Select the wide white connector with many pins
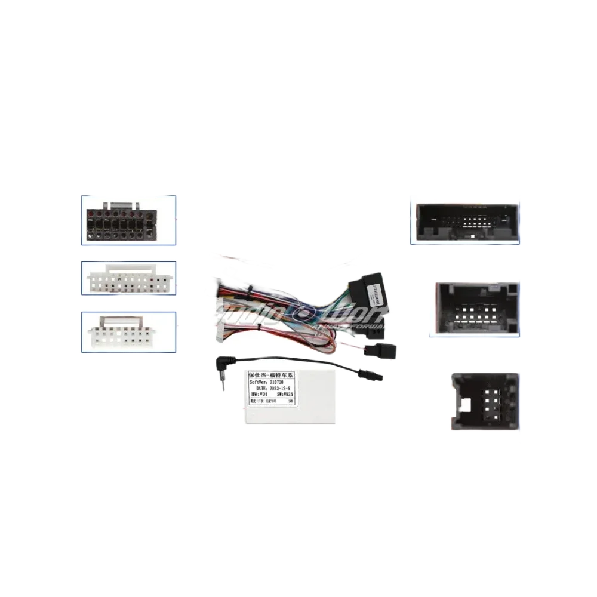click(128, 279)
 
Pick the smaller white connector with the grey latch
click(127, 333)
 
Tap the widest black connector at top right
click(463, 219)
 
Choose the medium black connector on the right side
click(474, 309)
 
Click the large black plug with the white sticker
click(367, 292)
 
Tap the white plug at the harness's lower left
click(219, 327)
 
